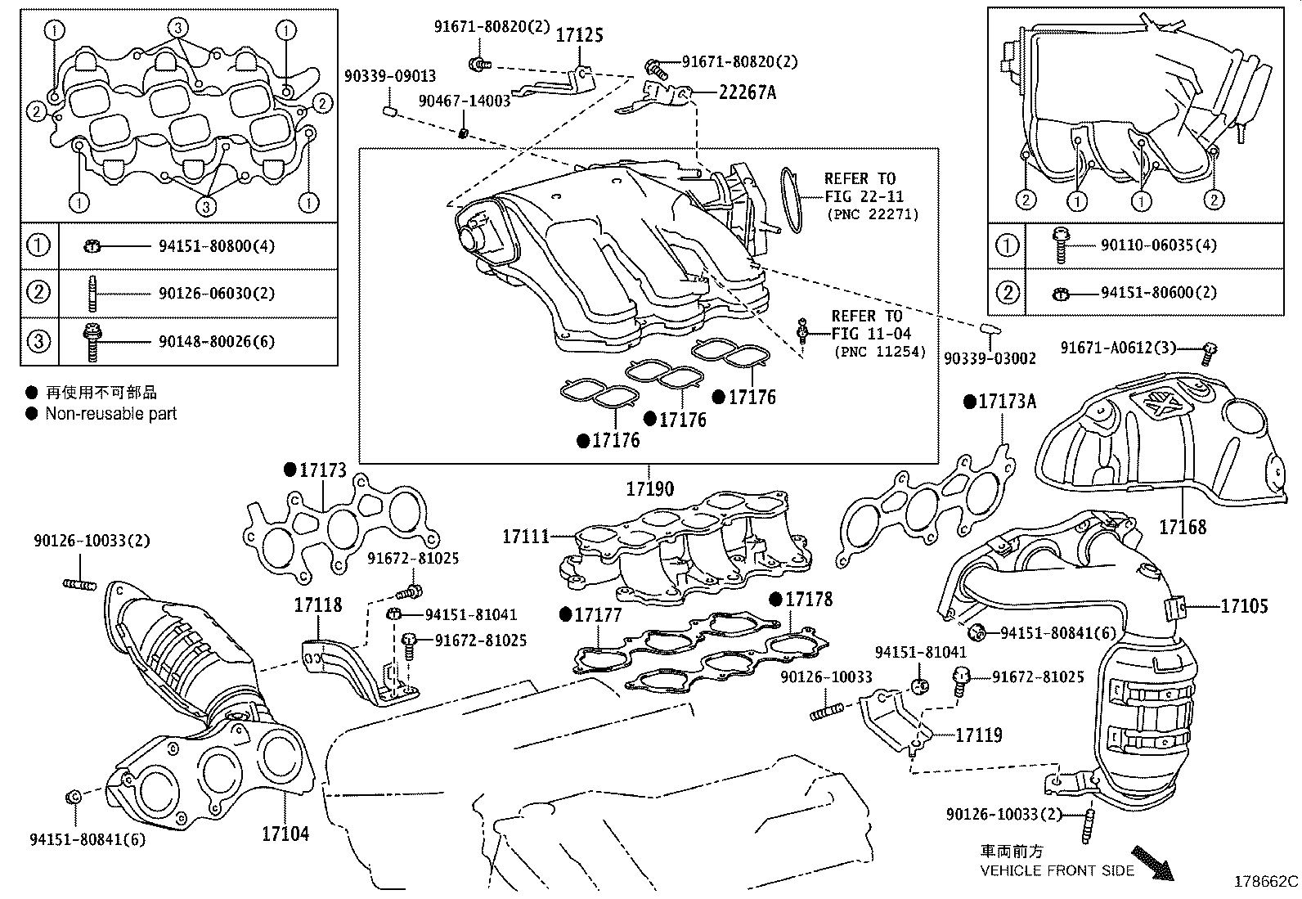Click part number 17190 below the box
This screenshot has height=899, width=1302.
click(x=650, y=489)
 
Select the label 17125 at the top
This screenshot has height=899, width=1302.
click(x=580, y=35)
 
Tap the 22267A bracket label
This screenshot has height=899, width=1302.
click(x=747, y=92)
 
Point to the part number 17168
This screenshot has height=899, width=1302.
click(x=1182, y=527)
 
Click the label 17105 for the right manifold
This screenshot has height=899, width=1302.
click(x=1244, y=606)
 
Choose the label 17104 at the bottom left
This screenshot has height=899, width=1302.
click(x=285, y=834)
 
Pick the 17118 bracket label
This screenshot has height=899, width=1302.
click(x=318, y=605)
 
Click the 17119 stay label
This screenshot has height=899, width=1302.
click(x=979, y=735)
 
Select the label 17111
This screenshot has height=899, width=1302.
click(x=526, y=537)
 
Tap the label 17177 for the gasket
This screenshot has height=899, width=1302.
click(x=598, y=614)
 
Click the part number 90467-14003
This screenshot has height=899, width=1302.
click(x=464, y=101)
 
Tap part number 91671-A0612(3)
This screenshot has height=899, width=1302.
click(x=1118, y=348)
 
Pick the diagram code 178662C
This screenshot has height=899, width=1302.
click(x=1265, y=882)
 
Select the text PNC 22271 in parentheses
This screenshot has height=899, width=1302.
click(x=872, y=214)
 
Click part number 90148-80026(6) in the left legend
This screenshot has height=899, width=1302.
click(x=217, y=340)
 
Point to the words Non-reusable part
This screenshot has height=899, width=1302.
click(x=110, y=414)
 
